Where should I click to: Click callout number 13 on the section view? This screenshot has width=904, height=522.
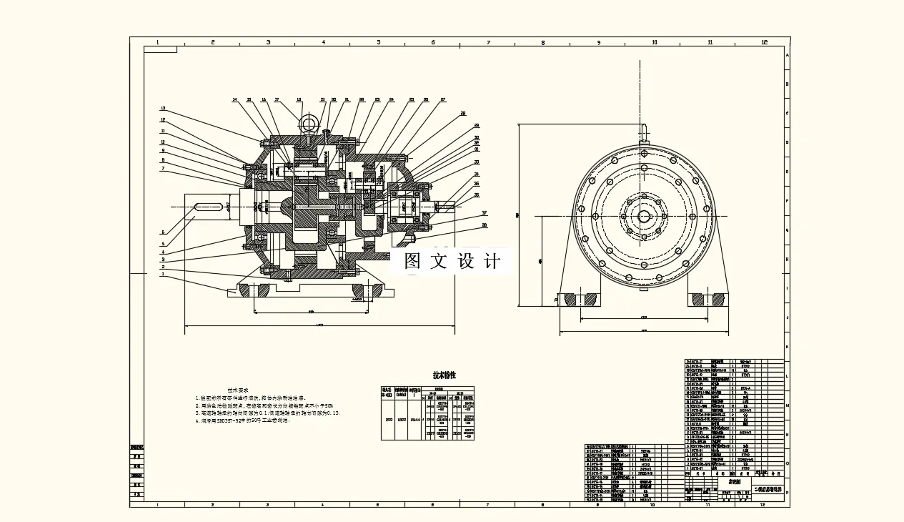[163, 108]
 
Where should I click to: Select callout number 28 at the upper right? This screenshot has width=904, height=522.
[463, 113]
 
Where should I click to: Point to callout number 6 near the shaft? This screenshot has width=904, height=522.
[163, 232]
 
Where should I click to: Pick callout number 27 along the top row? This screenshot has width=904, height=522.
[443, 99]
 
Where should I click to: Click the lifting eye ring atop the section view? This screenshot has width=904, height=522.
[309, 124]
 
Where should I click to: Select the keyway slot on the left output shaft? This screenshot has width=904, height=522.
[207, 207]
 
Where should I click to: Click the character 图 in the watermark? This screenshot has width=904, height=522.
[413, 262]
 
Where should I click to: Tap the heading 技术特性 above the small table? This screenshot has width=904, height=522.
[444, 375]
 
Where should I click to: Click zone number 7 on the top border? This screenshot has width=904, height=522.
[488, 42]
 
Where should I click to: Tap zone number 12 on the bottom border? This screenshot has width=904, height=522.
[763, 505]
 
